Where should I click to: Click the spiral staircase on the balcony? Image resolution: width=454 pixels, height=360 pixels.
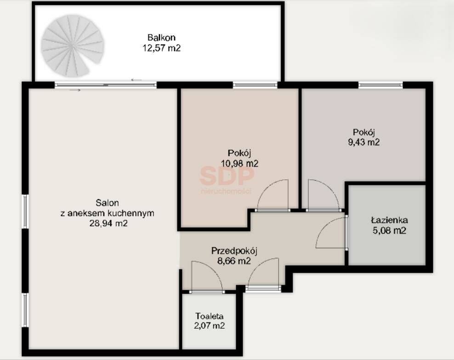72,46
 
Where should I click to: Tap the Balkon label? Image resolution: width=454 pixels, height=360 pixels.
161,38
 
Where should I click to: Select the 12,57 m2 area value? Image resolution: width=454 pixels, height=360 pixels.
161,48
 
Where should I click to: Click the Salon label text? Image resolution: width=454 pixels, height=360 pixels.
107,203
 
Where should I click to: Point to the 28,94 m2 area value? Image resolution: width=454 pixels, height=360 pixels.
108,223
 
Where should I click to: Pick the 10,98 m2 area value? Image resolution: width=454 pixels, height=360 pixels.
239,164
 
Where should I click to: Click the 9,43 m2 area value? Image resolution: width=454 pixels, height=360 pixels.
363,142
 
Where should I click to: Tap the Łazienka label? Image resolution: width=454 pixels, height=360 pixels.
389,220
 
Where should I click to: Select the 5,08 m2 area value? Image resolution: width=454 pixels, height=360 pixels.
389,230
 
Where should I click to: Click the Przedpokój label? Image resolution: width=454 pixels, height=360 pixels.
234,251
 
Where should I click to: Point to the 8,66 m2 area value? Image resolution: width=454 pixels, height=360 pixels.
234,261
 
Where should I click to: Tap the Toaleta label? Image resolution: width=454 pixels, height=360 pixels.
209,316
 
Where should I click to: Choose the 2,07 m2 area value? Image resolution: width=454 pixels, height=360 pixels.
209,326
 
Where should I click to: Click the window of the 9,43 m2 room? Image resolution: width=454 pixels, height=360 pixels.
380,85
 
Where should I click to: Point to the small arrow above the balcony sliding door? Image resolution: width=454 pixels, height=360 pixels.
136,80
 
